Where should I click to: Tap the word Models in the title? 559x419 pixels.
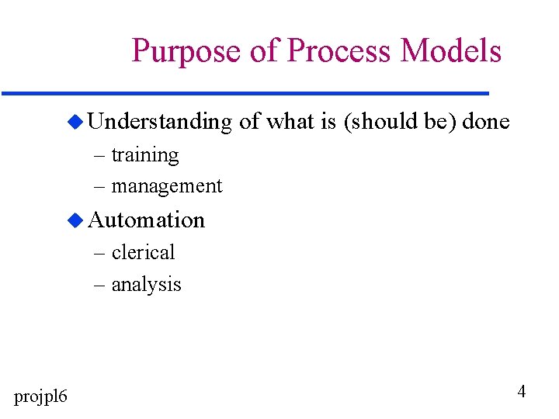(451, 51)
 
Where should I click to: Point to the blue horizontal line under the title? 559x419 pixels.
(245, 93)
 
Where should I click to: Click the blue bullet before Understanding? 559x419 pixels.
(75, 122)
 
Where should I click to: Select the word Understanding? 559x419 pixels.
(160, 123)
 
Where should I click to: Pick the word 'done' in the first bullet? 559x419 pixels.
(486, 122)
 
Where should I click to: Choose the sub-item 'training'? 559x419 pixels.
(145, 155)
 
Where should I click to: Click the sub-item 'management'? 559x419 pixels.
(167, 186)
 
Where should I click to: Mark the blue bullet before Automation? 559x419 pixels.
(75, 220)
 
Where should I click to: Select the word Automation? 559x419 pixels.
(147, 220)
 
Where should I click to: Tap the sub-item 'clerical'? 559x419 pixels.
(144, 252)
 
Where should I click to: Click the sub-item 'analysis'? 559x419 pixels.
(146, 285)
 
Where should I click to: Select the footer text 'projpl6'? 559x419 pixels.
(40, 397)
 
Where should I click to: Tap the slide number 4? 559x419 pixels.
(521, 392)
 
